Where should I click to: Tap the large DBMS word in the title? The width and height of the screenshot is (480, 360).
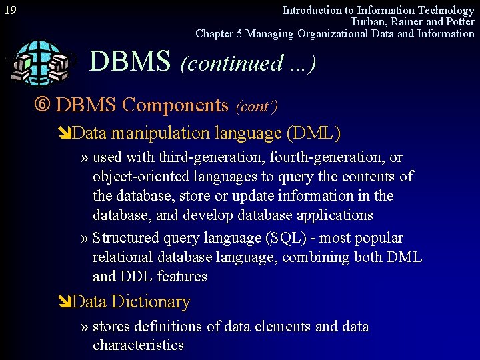pos(130,62)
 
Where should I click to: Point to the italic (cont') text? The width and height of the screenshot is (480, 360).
pos(257,107)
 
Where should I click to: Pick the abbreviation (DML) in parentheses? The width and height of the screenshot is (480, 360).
pos(313,133)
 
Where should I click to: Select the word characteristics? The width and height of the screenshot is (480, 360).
pos(138,345)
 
